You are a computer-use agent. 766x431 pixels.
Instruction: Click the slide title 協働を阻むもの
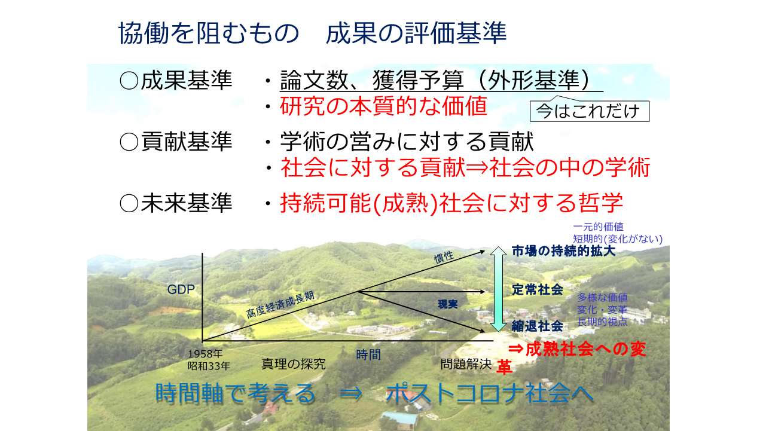209,33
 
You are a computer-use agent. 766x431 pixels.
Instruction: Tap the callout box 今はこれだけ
589,111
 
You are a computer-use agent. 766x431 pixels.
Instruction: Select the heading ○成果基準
176,81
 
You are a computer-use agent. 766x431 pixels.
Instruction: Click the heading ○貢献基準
176,142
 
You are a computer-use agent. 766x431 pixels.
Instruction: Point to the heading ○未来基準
176,203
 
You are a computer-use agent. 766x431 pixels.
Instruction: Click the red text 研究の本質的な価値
383,106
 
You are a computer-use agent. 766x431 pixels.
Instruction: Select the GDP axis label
181,289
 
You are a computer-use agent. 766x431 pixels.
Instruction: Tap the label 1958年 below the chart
205,353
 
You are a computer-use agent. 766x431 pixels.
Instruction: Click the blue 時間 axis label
368,354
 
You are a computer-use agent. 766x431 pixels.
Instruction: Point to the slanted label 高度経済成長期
280,305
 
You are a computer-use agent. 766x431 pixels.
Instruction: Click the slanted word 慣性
444,257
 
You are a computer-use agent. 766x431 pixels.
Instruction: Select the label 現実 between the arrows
448,304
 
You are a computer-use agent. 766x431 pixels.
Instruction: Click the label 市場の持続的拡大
563,251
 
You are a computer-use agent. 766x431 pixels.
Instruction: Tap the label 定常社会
537,290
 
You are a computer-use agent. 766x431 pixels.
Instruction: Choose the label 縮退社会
537,326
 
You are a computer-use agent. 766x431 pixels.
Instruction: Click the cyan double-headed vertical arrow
499,289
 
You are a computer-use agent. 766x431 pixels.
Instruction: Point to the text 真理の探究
294,365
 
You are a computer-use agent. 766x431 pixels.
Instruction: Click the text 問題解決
466,365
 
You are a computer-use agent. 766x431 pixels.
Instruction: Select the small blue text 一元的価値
598,227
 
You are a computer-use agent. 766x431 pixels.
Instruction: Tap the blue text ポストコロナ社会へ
490,393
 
